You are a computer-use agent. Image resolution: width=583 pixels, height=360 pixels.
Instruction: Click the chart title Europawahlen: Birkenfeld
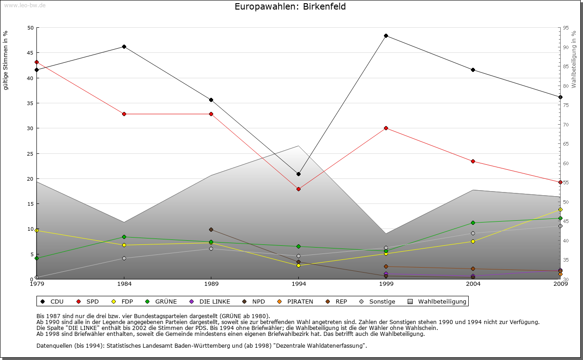(290, 6)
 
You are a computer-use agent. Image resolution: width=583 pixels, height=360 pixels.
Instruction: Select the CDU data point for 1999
(386, 35)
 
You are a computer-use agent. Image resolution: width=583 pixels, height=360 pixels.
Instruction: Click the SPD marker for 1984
(124, 114)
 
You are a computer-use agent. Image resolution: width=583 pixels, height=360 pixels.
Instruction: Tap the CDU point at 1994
(298, 174)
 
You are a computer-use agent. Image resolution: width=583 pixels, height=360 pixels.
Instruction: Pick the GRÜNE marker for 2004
(473, 223)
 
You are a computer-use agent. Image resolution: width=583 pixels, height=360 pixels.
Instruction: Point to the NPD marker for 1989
(211, 229)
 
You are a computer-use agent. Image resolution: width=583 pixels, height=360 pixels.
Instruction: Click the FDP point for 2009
(560, 209)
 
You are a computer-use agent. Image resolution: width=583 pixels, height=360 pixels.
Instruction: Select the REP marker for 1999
(386, 266)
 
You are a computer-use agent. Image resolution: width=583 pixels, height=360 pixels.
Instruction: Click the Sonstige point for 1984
(124, 258)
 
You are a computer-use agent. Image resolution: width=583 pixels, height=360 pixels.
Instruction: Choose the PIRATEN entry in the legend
(296, 301)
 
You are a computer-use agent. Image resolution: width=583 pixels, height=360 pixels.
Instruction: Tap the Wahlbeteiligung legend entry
(437, 301)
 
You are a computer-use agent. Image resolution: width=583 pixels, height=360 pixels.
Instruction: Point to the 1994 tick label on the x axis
(299, 284)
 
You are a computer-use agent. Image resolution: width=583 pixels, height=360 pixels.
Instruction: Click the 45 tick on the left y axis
(31, 53)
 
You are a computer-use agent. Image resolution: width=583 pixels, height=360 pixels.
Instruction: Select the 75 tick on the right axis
(566, 105)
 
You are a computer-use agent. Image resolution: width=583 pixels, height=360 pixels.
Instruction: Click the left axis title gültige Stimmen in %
(6, 60)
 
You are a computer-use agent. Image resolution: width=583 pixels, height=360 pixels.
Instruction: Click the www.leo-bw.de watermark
(25, 5)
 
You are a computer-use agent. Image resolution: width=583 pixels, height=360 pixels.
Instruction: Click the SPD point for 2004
(473, 161)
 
